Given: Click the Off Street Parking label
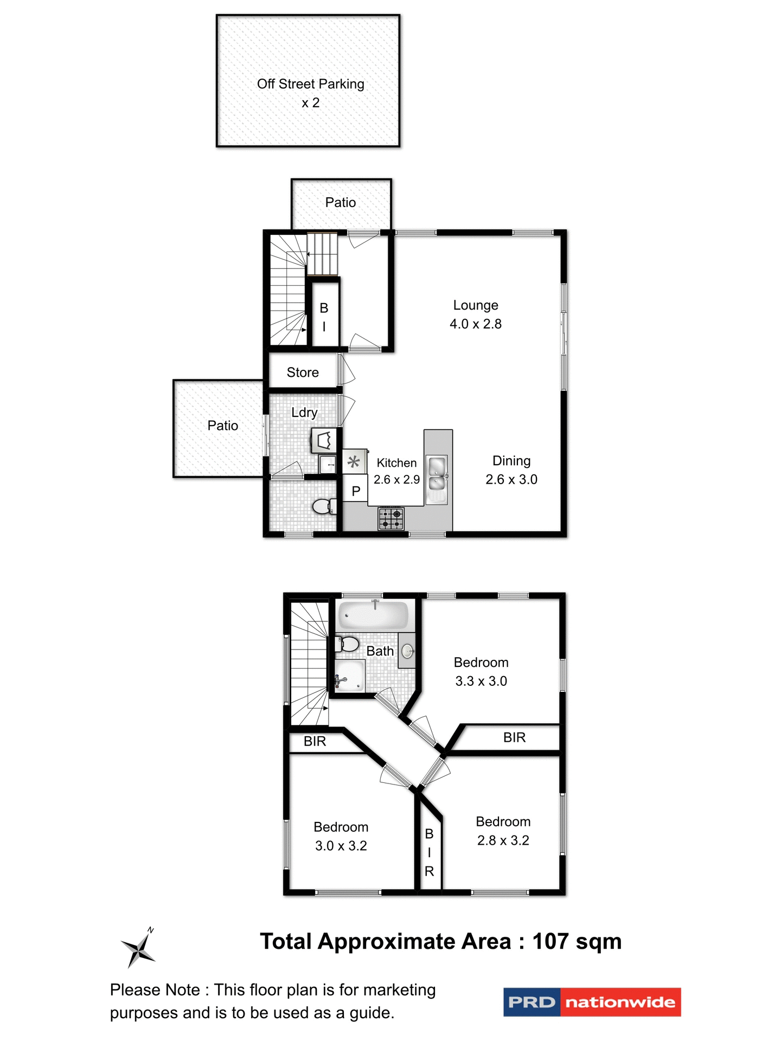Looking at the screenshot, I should [x=310, y=84].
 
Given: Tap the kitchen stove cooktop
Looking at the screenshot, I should [x=391, y=518].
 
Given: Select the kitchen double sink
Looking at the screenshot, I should [x=437, y=473].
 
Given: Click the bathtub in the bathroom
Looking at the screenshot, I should [x=373, y=616].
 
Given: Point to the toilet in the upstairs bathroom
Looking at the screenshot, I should [x=348, y=644].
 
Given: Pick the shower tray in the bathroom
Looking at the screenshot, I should [x=350, y=676].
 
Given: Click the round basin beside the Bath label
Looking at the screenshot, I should [x=408, y=651].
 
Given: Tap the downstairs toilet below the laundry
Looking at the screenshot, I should [x=323, y=506].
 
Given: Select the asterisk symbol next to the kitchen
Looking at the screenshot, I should [x=354, y=462].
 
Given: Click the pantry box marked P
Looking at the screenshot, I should [x=356, y=491].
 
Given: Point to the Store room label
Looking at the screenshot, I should [x=303, y=372].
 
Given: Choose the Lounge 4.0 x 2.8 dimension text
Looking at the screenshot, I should [x=476, y=324].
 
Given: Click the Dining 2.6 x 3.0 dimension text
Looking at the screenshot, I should [x=511, y=479].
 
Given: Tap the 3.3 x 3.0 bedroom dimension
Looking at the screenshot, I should [x=481, y=681].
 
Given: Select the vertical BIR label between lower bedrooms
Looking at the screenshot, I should [x=429, y=852].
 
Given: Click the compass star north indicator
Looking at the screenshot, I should [x=139, y=948].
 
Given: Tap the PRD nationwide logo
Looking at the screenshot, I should [x=592, y=1002].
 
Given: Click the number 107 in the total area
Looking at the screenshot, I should [x=550, y=942].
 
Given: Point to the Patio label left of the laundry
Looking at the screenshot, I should [x=223, y=426].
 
